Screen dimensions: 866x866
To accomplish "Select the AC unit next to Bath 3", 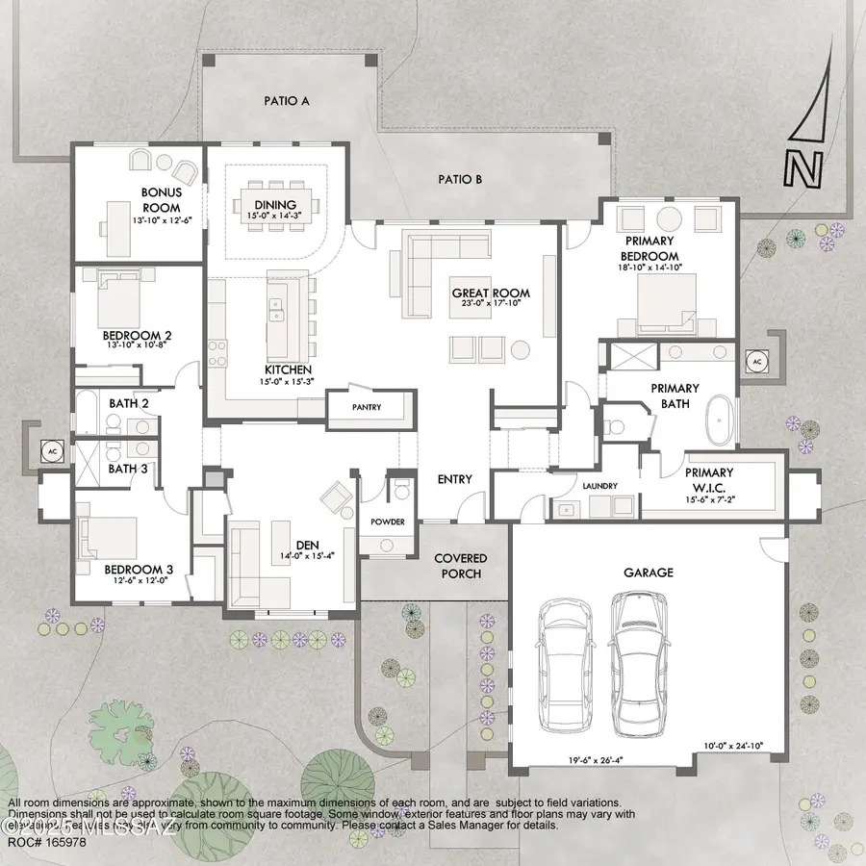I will (x=49, y=449).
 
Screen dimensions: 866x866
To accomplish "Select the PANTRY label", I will (x=366, y=408).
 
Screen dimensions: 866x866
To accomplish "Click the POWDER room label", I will (x=387, y=522).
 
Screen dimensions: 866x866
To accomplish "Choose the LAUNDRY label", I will (x=599, y=487).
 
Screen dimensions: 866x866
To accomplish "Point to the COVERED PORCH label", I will (x=460, y=566).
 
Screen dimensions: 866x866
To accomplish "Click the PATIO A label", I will (x=286, y=100).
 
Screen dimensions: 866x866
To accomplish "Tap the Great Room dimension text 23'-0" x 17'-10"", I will (x=492, y=307).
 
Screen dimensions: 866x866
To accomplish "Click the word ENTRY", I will (x=454, y=479).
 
